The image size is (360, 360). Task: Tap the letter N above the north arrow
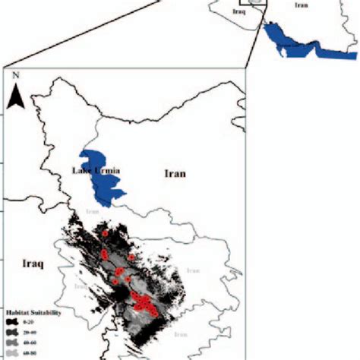click(x=15, y=77)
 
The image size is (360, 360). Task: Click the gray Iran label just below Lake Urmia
click(x=93, y=212)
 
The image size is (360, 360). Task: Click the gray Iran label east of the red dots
click(x=193, y=270)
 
